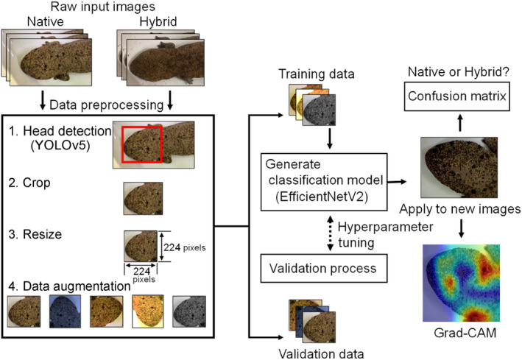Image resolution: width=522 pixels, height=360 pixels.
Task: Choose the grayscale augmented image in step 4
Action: (190, 311)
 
